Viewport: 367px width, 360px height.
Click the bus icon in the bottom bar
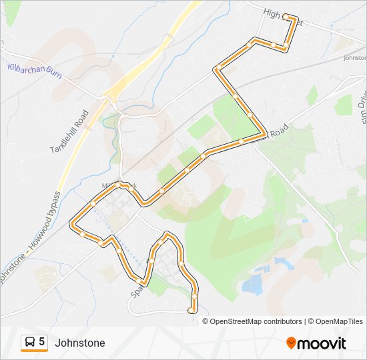(30, 343)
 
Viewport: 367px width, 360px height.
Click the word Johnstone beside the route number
(80, 343)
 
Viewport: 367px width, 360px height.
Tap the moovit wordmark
(322, 344)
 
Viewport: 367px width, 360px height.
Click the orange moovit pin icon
(291, 343)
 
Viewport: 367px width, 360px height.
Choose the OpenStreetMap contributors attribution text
(256, 321)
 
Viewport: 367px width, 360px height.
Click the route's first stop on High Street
(285, 16)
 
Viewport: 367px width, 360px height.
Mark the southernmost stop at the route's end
(192, 309)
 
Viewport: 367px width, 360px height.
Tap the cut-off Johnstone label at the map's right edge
(354, 58)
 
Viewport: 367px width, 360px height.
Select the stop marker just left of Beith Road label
(240, 141)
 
